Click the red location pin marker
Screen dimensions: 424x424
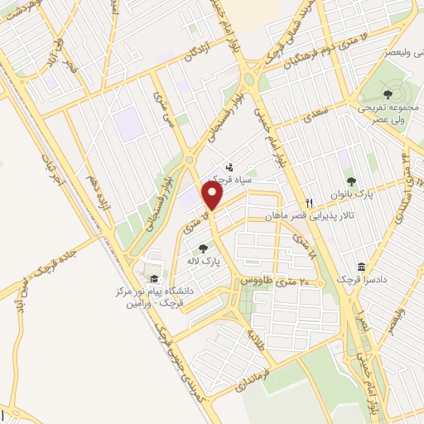(213, 196)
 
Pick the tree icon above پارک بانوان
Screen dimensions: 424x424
(352, 180)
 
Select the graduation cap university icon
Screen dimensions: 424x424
(152, 279)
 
